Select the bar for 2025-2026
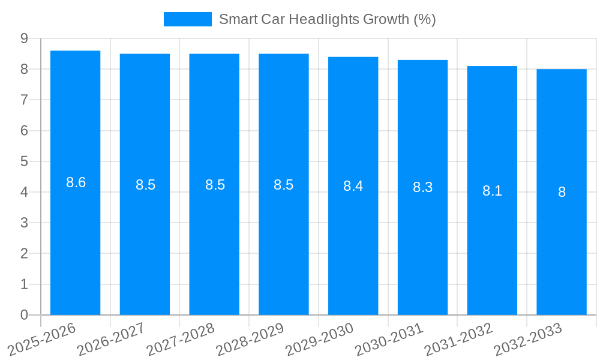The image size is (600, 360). coord(75,240)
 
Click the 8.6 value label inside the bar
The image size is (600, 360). coord(76,182)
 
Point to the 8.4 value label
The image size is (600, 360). coord(353,186)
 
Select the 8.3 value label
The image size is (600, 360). coord(422,187)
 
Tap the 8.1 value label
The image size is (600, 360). coord(492,191)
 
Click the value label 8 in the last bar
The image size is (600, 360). coord(562,192)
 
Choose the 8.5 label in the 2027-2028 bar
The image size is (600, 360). coord(215,185)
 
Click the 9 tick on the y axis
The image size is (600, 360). coord(24,38)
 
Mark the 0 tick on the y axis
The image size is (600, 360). coord(24,315)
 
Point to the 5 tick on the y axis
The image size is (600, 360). coord(24,161)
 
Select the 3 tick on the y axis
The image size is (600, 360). coord(24,223)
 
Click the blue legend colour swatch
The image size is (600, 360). coord(187,19)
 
